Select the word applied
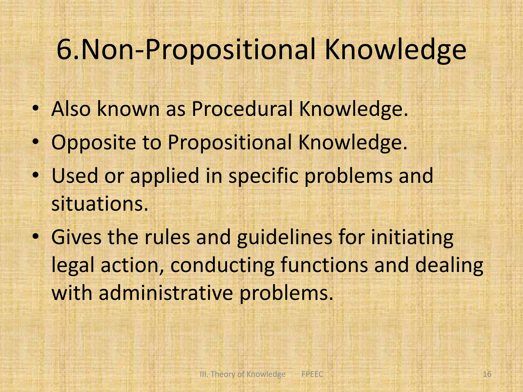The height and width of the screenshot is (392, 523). point(164,176)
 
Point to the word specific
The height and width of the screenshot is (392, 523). point(263,176)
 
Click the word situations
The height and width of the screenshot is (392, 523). point(100,204)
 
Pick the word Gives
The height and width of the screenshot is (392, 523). point(76,237)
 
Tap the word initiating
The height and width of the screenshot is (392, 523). point(412,237)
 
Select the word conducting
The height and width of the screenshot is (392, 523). point(222,265)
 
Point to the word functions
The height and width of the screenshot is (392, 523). point(324,265)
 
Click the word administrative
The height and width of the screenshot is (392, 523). point(166,293)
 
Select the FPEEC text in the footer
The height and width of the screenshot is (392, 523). point(312,374)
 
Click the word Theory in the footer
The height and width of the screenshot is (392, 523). point(222,374)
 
